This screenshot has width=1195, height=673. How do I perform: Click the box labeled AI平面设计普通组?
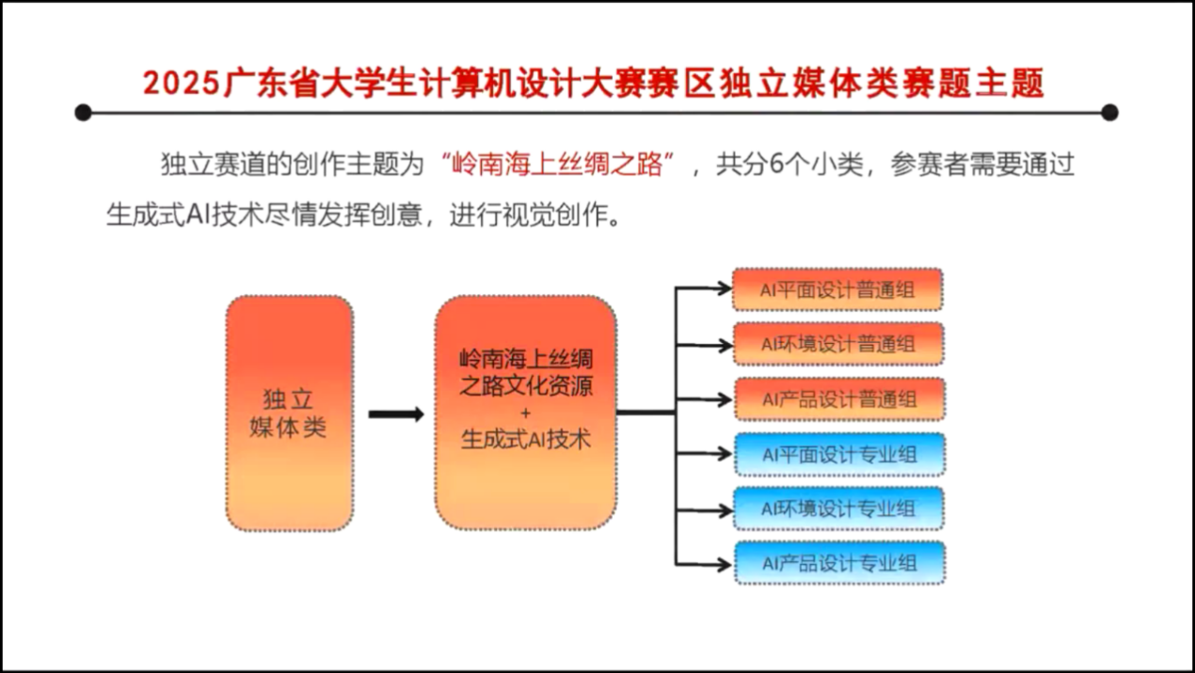coord(837,290)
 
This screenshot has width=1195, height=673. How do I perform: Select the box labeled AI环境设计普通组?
coord(837,345)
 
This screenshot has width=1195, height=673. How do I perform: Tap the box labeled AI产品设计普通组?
coord(837,399)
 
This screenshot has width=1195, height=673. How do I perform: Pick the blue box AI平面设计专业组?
coord(837,455)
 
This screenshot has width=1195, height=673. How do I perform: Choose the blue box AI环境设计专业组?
coord(837,509)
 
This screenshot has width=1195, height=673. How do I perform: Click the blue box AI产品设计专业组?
coord(837,564)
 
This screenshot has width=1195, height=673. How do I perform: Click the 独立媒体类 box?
coord(289,413)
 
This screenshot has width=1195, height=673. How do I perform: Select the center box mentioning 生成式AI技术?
coord(525,413)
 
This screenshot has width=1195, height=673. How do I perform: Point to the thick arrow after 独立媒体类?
coord(395,414)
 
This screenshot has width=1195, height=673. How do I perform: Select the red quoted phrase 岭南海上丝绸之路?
coord(559,165)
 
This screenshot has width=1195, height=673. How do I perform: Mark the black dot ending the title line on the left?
coord(83,113)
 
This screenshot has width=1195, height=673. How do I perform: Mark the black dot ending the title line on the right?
coord(1109,113)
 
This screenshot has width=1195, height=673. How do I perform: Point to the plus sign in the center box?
coord(525,413)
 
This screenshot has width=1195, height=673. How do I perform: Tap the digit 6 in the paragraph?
coord(776,165)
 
